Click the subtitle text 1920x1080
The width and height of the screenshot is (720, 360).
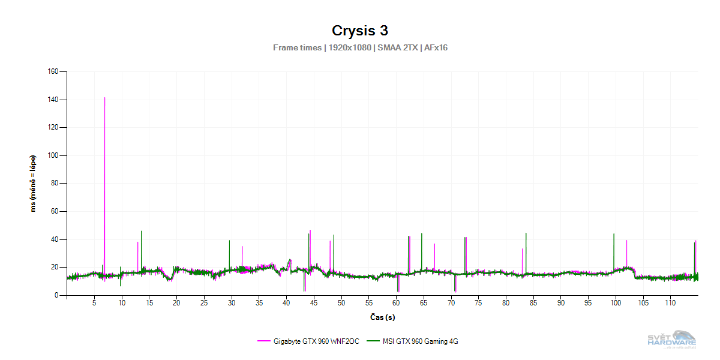[x=350, y=48]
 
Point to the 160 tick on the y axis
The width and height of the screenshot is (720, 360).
[x=52, y=71]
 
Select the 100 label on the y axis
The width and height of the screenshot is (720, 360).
[x=52, y=155]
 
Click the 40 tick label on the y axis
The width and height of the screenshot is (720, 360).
[x=54, y=239]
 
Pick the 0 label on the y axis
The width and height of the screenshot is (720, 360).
[x=56, y=295]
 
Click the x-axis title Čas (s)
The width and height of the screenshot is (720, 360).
[x=382, y=317]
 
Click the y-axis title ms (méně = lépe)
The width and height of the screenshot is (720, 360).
[x=34, y=184]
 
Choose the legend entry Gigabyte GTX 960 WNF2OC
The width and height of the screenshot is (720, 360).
[x=308, y=341]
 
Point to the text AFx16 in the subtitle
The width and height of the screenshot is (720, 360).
[x=436, y=48]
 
